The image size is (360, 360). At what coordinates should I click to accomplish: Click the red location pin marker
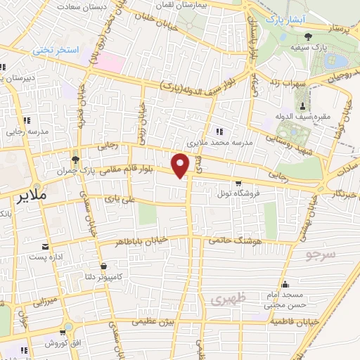pos(181,165)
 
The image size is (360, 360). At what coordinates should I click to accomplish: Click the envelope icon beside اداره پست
pos(46,247)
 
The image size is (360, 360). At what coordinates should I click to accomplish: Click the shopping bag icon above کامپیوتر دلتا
pos(105,266)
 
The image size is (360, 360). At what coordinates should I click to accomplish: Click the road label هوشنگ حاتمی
pos(233,240)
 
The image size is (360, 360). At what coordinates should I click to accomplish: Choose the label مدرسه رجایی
pos(26,130)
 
